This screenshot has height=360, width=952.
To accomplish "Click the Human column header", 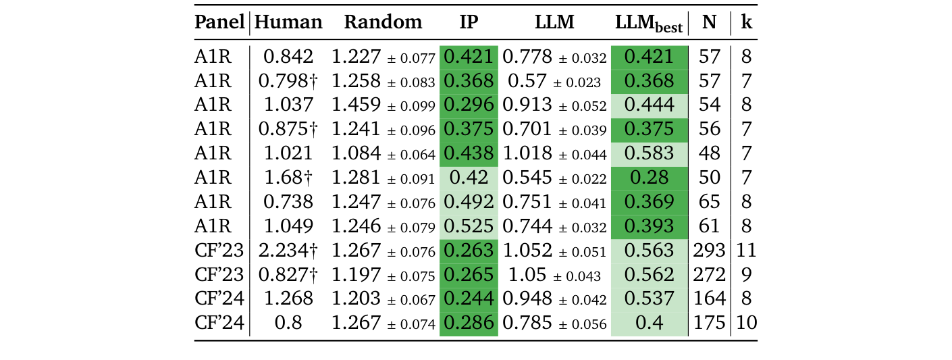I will click(289, 22).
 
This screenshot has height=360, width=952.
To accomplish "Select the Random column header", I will click(383, 22).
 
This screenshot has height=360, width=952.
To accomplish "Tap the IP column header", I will click(469, 22).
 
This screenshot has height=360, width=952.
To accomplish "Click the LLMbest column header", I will click(649, 24).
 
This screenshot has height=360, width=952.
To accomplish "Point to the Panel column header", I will click(219, 22).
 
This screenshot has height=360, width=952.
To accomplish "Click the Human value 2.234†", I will click(289, 251).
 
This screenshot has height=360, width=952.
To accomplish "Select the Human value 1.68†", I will click(289, 178).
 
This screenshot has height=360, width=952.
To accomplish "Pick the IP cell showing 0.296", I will click(469, 105).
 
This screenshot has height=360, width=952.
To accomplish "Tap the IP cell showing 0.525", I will click(469, 226).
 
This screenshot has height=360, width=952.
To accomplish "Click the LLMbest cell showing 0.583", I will click(649, 153).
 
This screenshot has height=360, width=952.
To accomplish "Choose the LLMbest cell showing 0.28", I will click(649, 178).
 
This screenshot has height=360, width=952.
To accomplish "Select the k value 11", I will click(746, 251).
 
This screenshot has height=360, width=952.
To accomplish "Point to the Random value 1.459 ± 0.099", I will click(383, 105).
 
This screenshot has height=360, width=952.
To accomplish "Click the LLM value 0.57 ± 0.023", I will click(554, 81).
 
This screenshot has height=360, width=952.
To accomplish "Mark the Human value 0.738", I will click(289, 202).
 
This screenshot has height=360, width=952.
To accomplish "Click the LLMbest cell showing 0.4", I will click(649, 324).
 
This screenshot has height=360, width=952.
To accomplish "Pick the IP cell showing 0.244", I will click(469, 299).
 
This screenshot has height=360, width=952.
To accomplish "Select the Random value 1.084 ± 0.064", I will click(383, 153).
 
